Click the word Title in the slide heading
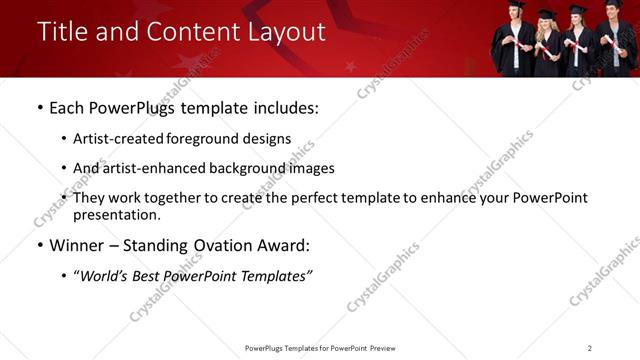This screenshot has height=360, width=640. click(x=62, y=32)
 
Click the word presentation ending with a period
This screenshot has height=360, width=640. click(x=116, y=215)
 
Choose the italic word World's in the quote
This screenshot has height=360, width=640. click(x=104, y=276)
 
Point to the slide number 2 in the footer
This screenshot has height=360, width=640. click(x=589, y=347)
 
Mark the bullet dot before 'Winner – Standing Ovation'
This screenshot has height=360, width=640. click(x=39, y=245)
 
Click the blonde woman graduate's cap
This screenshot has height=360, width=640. click(x=547, y=14)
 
